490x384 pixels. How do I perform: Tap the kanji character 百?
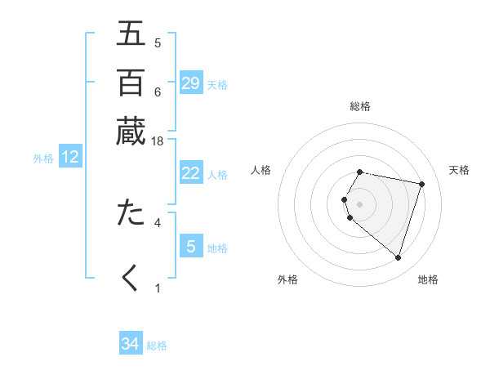coord(131,83)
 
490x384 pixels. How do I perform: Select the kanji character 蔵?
coord(131,131)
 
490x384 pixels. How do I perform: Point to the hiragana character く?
coord(131,277)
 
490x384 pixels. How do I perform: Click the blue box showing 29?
coord(191,83)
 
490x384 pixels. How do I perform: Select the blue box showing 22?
coord(191,173)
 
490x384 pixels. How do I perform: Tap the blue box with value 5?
coord(191,246)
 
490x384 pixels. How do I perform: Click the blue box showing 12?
coord(70,158)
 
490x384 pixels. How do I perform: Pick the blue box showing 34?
coord(131,344)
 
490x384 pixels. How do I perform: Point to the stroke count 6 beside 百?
coord(158,92)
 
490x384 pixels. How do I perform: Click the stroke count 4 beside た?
coord(158,221)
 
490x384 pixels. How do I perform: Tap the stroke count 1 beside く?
coord(158,288)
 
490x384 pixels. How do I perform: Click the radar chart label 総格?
coord(360,106)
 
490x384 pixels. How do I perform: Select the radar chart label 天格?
coord(459,170)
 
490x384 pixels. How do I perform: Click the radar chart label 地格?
coord(428,279)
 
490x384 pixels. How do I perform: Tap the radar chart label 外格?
coord(287,279)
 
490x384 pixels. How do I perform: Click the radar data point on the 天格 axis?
coord(421,185)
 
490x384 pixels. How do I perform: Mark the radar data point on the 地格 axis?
coord(398,258)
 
